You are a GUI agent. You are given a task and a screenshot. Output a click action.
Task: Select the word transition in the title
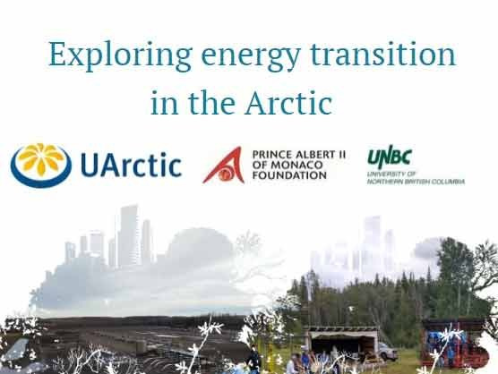381,55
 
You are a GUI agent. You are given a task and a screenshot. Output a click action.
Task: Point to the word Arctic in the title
288,104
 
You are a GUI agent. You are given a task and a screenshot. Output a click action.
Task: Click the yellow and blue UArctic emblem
42,164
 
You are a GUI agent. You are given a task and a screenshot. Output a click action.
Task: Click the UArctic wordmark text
130,166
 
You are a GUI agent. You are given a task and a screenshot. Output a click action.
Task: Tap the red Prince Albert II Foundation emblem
222,164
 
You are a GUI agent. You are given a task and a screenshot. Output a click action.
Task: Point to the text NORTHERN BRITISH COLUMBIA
416,180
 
